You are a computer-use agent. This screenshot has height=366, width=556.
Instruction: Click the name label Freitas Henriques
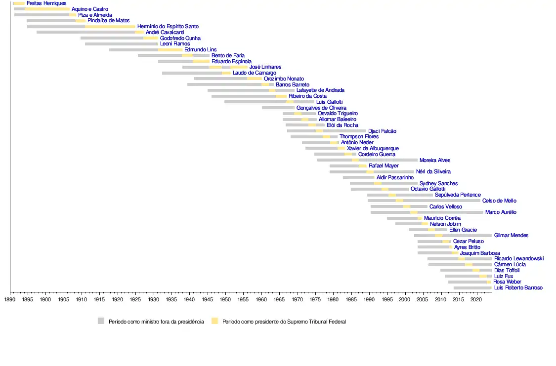[x=46, y=3]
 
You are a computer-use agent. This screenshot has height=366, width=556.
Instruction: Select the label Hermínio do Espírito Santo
[x=168, y=27]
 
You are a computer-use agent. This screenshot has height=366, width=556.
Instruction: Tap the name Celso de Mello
[x=499, y=201]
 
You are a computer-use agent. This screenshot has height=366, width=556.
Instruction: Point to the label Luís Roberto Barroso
[x=518, y=288]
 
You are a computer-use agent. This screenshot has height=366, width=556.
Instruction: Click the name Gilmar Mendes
[x=511, y=236]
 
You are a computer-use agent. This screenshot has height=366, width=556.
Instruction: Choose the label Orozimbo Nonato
[x=284, y=79]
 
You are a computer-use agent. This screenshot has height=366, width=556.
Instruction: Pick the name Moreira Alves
[x=435, y=161]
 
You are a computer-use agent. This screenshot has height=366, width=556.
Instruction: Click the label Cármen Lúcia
[x=510, y=265]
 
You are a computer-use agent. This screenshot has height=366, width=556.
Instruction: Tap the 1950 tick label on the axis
[x=225, y=299]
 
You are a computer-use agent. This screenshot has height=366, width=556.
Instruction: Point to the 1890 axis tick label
[x=10, y=299]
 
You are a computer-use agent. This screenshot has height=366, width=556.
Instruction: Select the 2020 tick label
[x=476, y=299]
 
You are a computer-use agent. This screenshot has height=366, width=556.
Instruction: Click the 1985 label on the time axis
[x=350, y=299]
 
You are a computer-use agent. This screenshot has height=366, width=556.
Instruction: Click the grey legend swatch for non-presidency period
[x=101, y=321]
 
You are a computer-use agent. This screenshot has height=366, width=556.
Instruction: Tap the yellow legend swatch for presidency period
[x=214, y=321]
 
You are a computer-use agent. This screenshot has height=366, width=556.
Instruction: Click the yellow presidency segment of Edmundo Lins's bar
[x=170, y=50]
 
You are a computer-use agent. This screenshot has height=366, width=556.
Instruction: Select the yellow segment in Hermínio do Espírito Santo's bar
[x=110, y=27]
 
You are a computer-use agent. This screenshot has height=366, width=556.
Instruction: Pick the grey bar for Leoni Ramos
[x=121, y=44]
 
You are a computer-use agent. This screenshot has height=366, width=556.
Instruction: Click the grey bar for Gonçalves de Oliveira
[x=278, y=108]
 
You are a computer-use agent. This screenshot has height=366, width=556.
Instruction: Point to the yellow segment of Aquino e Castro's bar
[x=47, y=9]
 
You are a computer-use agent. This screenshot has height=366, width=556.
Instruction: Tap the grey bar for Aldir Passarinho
[x=358, y=177]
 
